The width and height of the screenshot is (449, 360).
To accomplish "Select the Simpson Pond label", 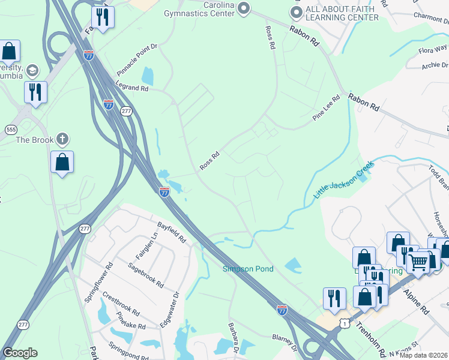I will tap(248, 269).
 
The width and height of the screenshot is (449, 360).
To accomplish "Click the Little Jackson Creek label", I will tap(343, 179).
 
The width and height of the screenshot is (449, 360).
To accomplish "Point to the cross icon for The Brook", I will tap(62, 140).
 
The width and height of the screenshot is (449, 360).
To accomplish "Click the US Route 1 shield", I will tap(344, 323).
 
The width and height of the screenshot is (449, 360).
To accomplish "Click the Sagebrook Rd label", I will tap(145, 275).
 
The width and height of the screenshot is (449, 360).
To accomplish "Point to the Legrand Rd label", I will tap(132, 88).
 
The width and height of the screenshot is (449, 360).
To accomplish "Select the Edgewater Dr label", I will tap(170, 310).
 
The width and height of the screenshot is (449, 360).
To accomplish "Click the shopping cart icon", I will tap(418, 261).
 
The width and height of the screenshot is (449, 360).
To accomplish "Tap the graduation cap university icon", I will tap(32, 71).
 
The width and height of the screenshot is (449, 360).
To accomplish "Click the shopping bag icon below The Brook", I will tap(62, 161).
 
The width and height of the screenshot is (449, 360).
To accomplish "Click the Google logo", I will tap(20, 353).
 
